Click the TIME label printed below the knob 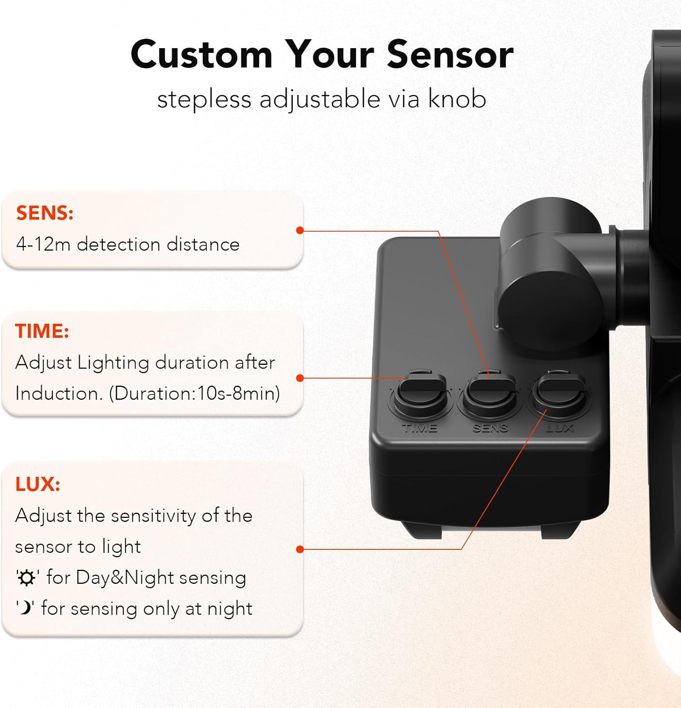[x=420, y=429]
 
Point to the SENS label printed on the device [x=490, y=429]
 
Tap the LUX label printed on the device [x=560, y=429]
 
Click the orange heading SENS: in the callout [x=45, y=213]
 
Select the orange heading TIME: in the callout [x=42, y=331]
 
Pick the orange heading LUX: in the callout [x=38, y=484]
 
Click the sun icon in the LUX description [x=26, y=578]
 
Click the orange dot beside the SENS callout [x=300, y=230]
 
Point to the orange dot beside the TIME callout [x=300, y=378]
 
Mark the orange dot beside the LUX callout [x=300, y=549]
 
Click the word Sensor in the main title [x=450, y=55]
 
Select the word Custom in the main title [x=202, y=55]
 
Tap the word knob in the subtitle [x=457, y=99]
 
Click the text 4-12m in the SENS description [x=43, y=244]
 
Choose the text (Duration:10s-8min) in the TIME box [x=195, y=394]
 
